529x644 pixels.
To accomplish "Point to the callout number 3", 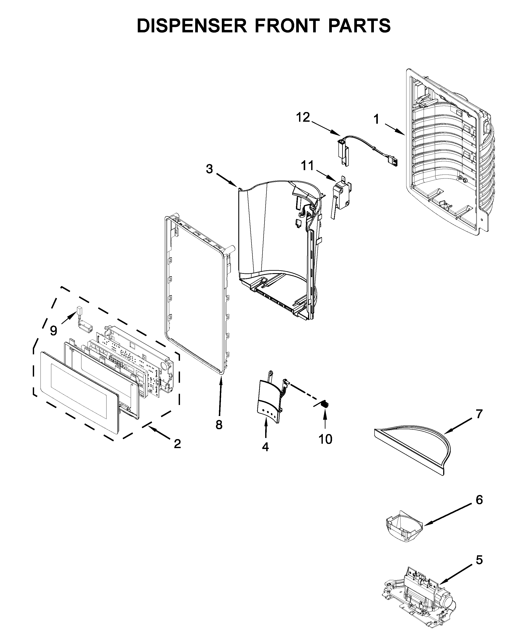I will tap(209, 169).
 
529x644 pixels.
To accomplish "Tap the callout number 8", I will tap(219, 425).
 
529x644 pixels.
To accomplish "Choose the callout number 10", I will tap(325, 439).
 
